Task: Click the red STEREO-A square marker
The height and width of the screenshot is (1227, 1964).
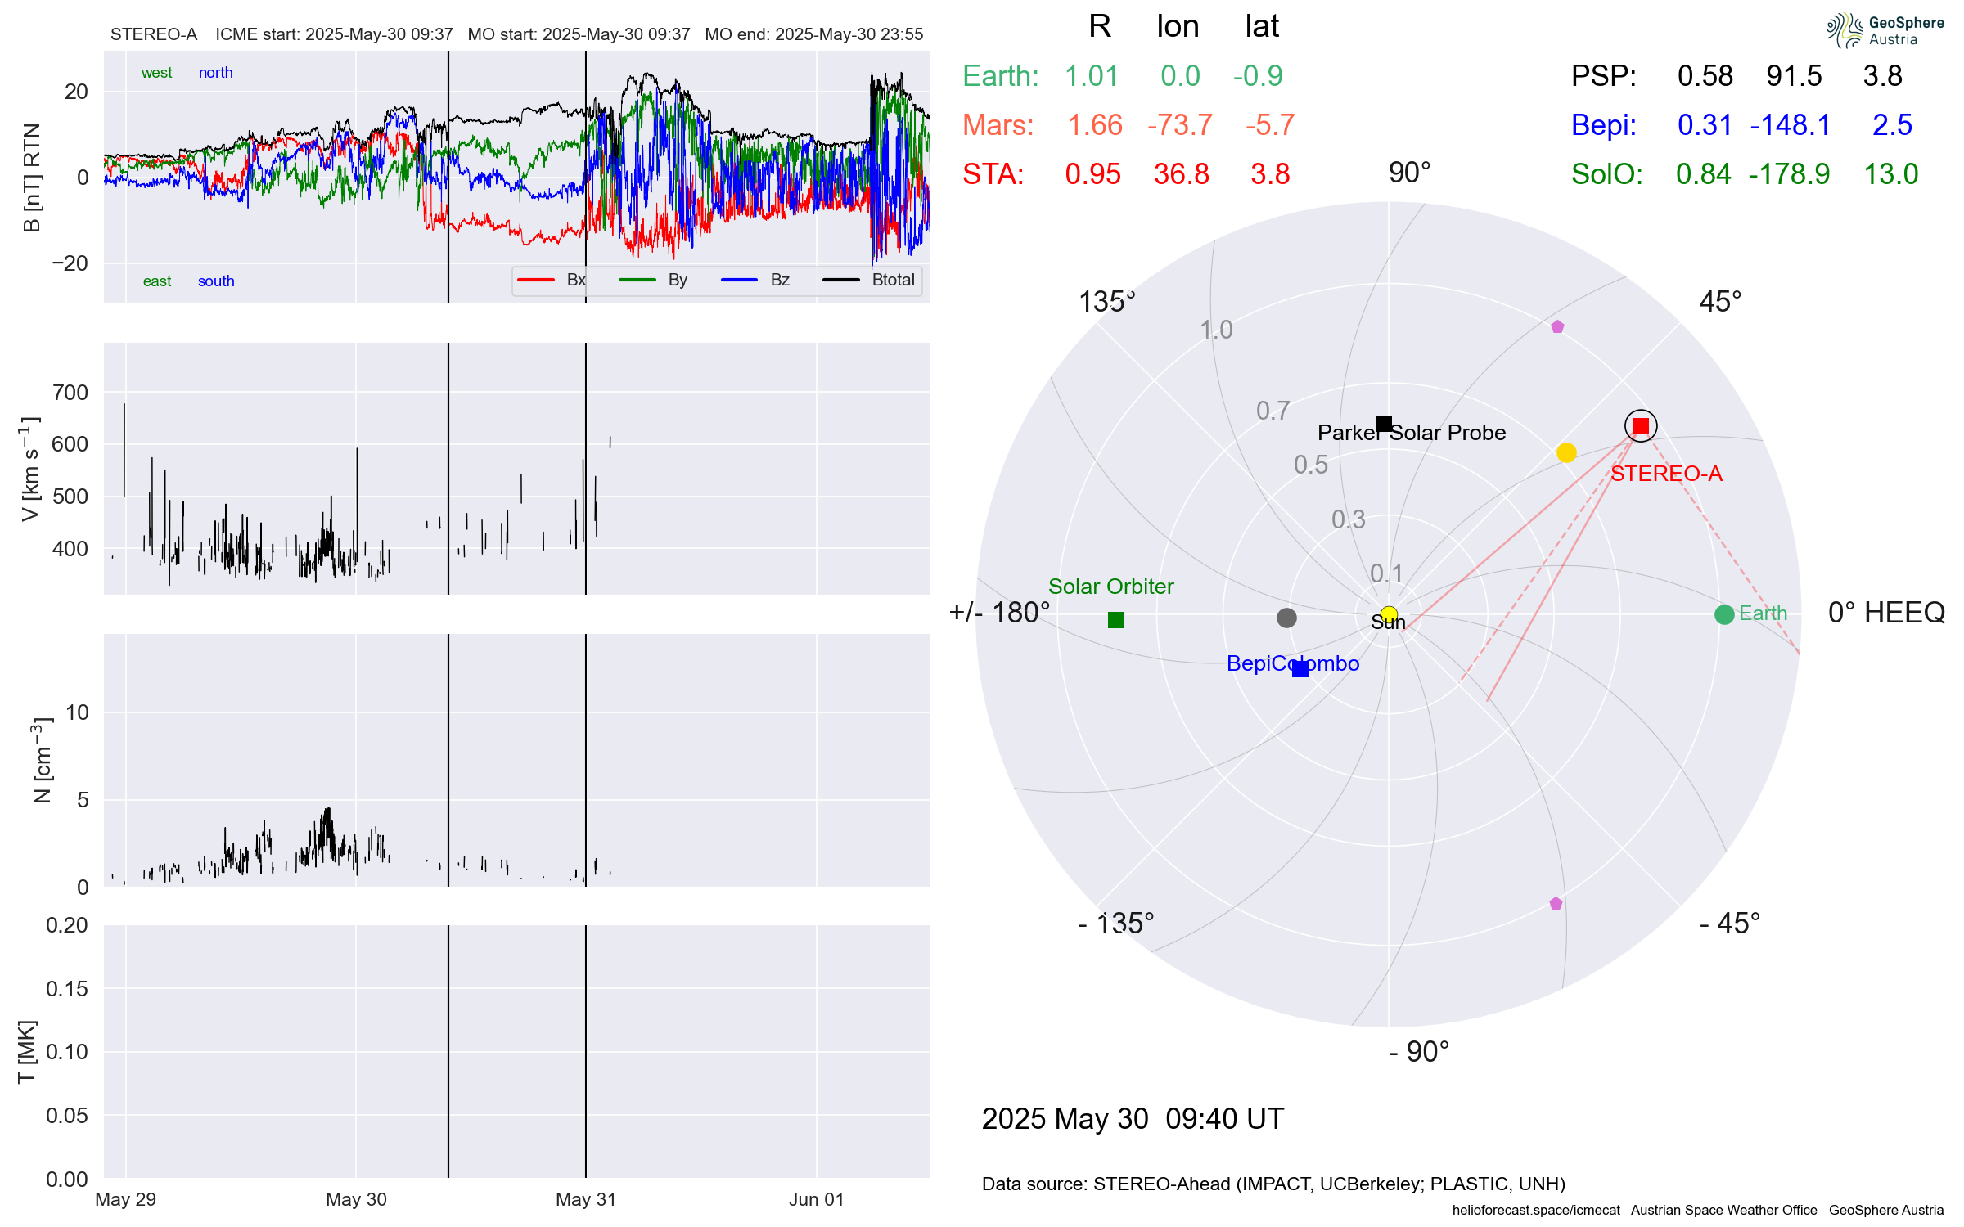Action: coord(1640,426)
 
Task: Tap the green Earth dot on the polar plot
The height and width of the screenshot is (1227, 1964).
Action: coord(1724,614)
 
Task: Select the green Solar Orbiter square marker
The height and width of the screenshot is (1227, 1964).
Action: coord(1115,620)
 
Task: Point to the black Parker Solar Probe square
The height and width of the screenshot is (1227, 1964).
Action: coord(1384,423)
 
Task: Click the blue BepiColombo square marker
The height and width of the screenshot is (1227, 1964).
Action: coord(1300,669)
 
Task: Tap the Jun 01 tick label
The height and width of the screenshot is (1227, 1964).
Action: coord(816,1199)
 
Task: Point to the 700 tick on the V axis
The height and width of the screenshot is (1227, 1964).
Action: coord(70,393)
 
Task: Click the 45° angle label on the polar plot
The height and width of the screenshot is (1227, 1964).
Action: coord(1720,302)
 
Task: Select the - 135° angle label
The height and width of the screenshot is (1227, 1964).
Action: coord(1115,924)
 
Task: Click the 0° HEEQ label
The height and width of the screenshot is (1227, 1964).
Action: coord(1885,613)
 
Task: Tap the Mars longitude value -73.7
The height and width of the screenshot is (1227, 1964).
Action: coord(1179,125)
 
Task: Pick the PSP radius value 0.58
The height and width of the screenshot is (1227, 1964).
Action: coord(1705,76)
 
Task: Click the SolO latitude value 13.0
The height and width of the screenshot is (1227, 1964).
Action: coord(1890,174)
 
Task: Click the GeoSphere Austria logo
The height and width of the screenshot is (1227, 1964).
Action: coord(1884,30)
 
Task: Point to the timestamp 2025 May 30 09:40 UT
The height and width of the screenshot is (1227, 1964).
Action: coord(1133,1118)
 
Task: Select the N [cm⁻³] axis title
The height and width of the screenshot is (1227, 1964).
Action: coord(42,761)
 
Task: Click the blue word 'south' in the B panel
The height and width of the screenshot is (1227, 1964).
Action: coord(216,281)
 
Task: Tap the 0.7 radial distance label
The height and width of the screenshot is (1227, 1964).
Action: coord(1273,411)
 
